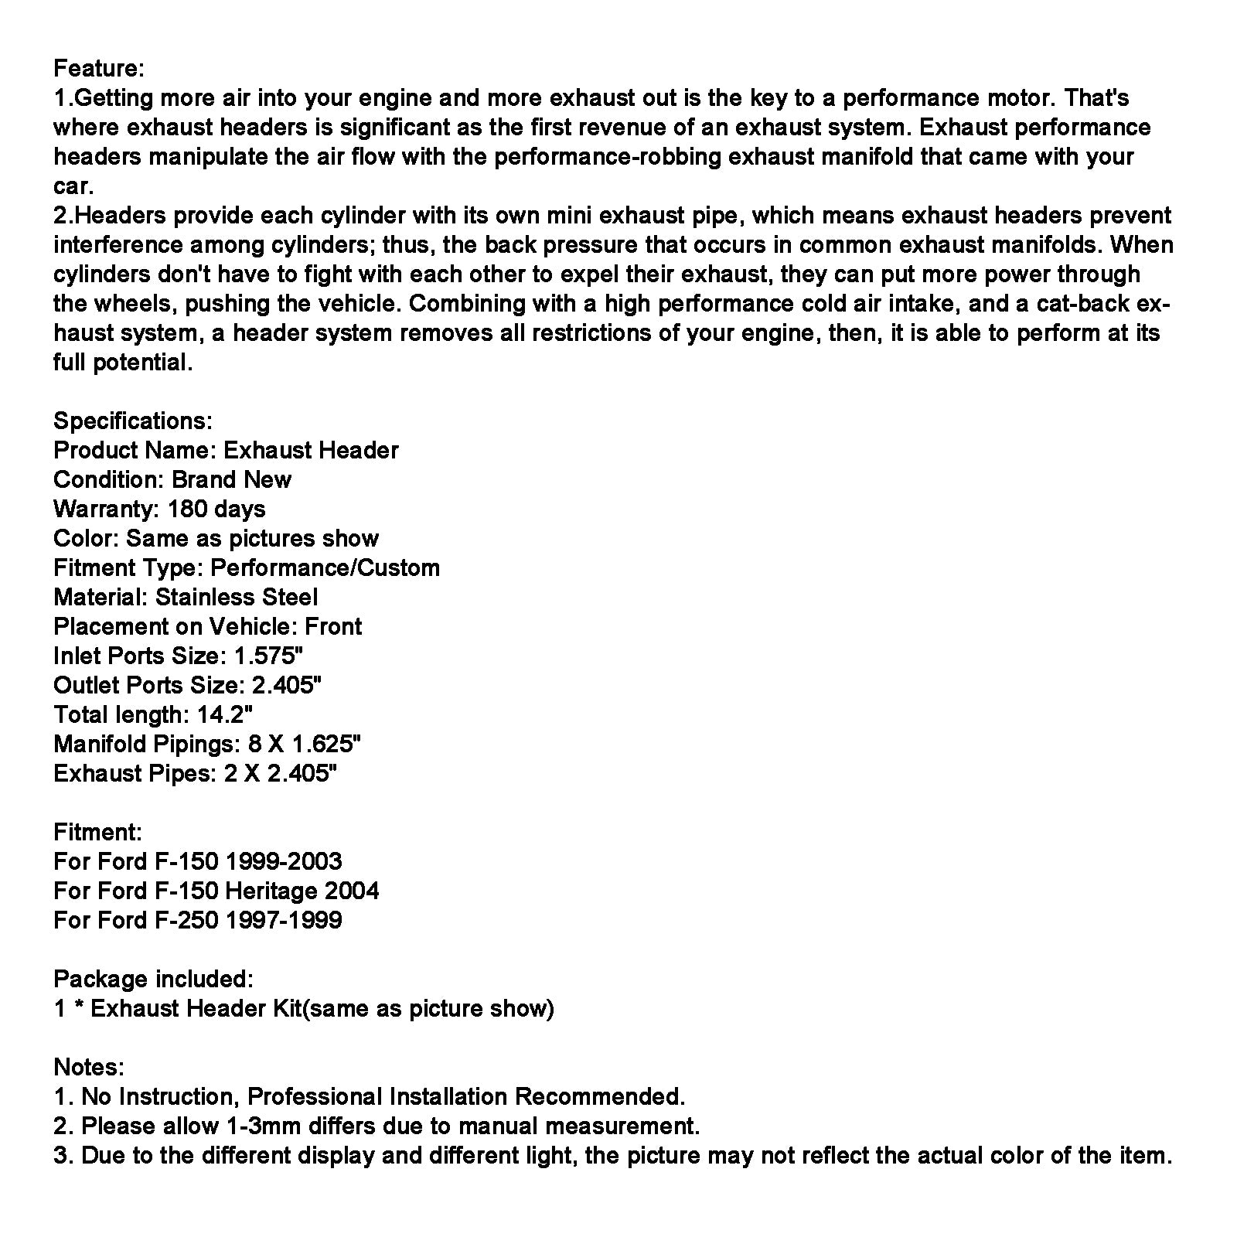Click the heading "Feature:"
[x=98, y=68]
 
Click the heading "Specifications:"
[x=132, y=421]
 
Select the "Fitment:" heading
[x=97, y=832]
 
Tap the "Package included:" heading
[x=153, y=979]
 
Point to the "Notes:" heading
[x=88, y=1067]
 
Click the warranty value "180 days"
[x=216, y=509]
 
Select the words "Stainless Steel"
[x=237, y=597]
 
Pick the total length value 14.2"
[x=225, y=714]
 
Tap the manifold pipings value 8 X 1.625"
[x=305, y=744]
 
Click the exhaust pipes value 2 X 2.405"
[x=281, y=773]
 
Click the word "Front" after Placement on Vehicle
[x=333, y=626]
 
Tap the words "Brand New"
[x=231, y=479]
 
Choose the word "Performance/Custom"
[x=325, y=567]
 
